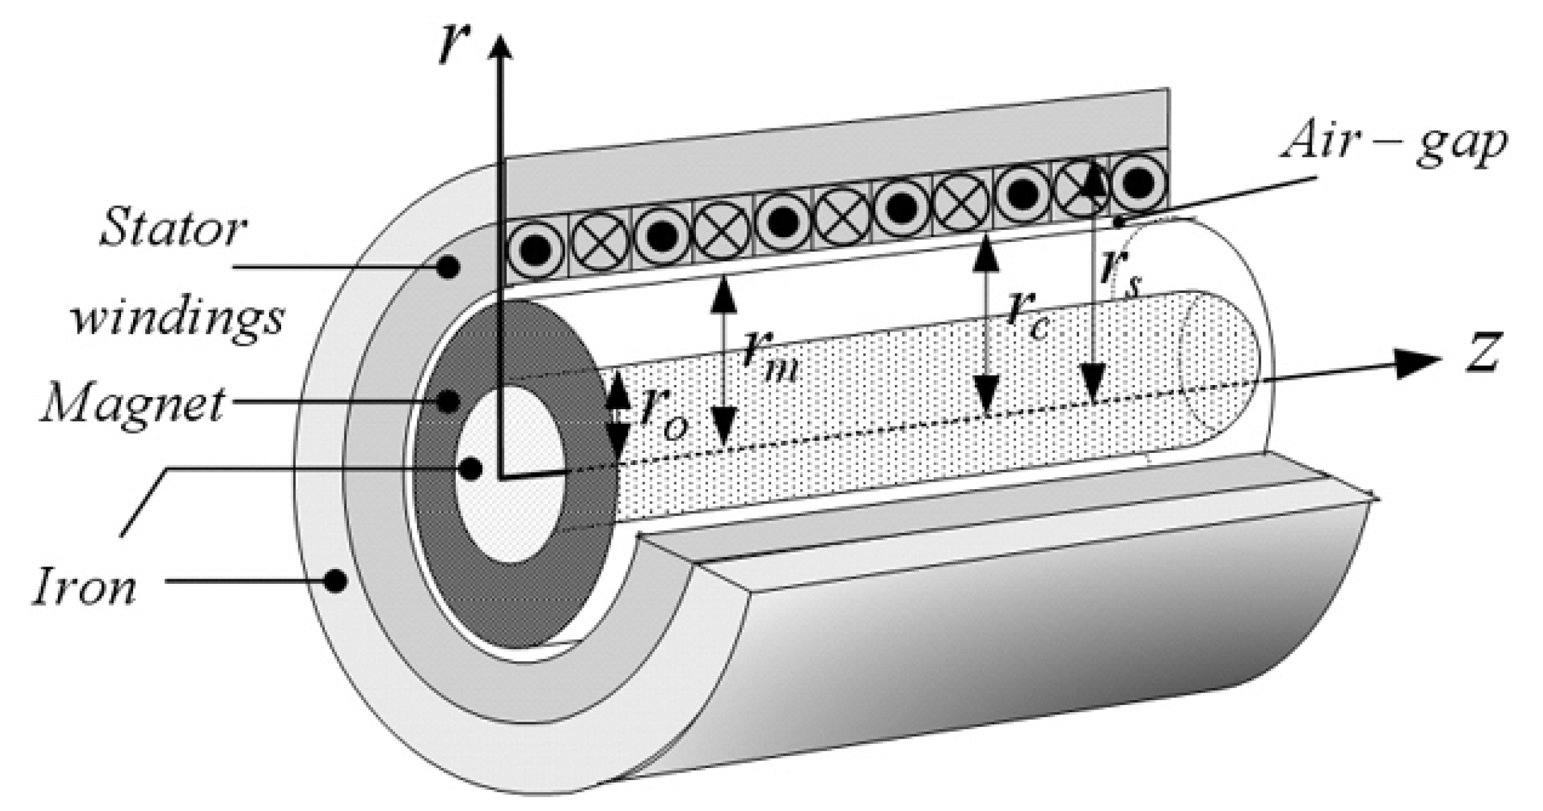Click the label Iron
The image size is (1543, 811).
point(85,587)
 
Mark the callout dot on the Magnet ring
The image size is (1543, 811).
point(448,402)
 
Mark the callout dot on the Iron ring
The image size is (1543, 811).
point(334,580)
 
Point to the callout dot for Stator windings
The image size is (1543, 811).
point(448,268)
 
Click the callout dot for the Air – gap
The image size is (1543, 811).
point(1118,221)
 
